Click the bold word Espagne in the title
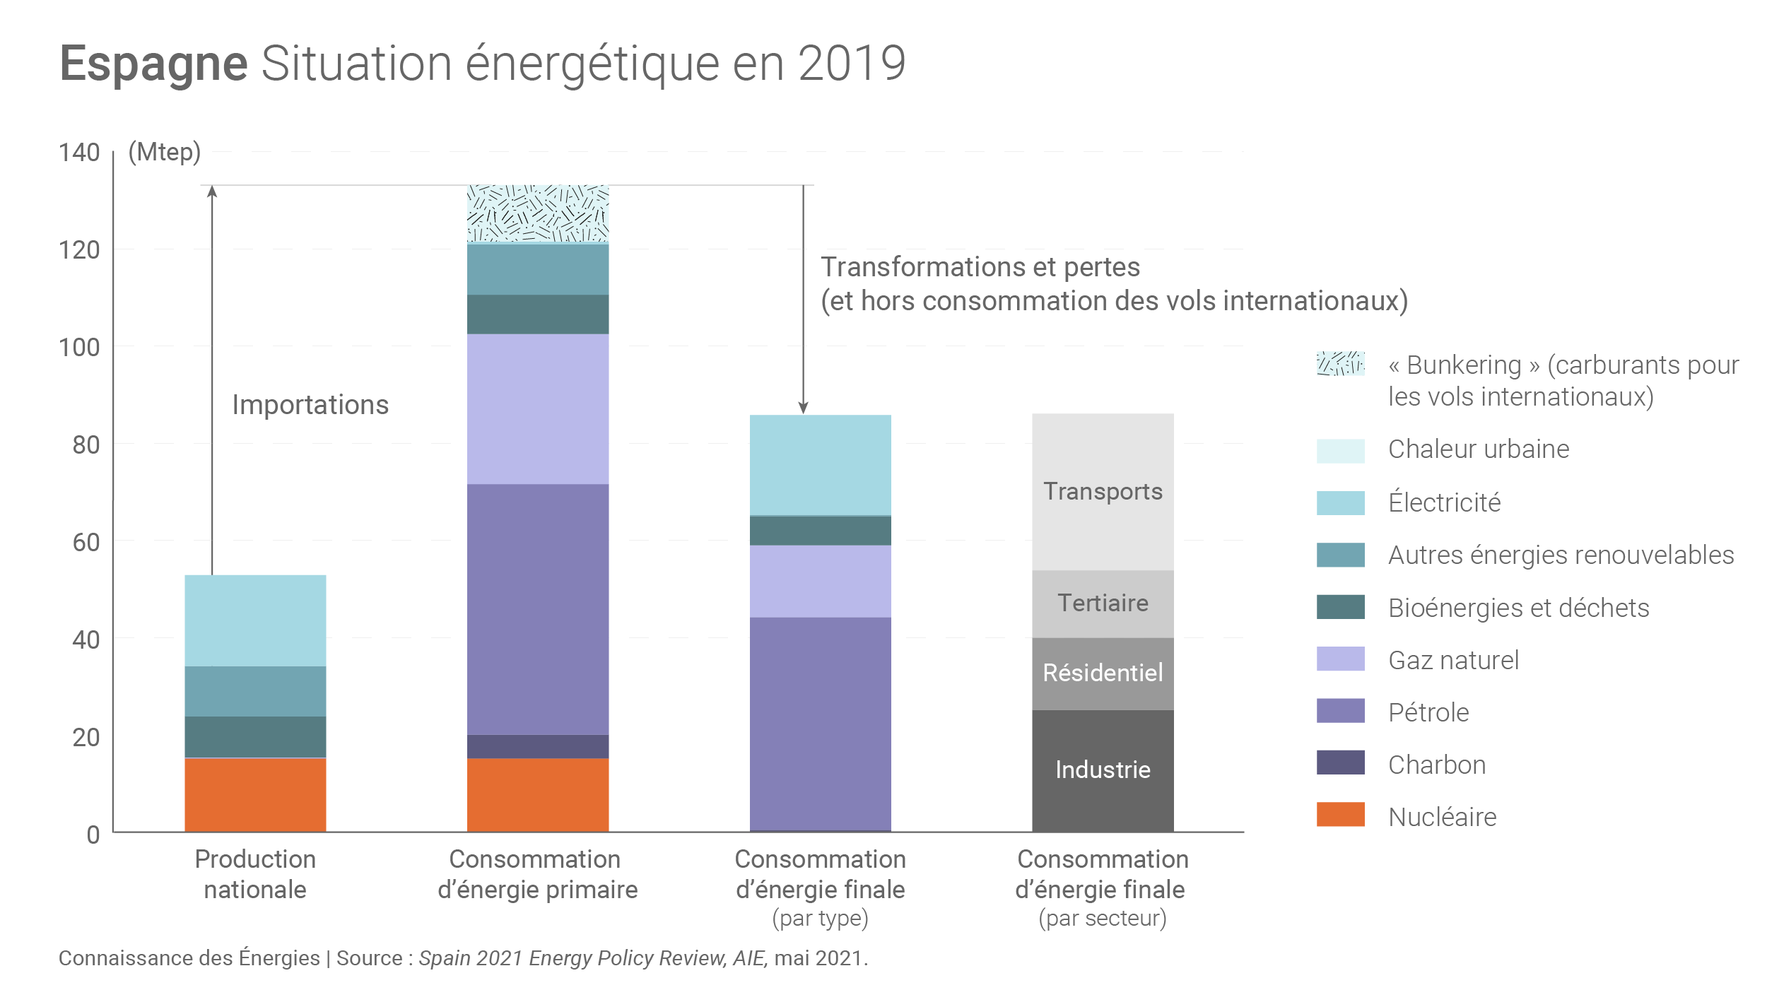pyautogui.click(x=153, y=64)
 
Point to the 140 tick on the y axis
pyautogui.click(x=79, y=152)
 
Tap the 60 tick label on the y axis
pyautogui.click(x=86, y=542)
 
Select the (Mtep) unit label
pyautogui.click(x=165, y=152)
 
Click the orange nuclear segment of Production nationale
pyautogui.click(x=255, y=794)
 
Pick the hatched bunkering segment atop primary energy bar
pyautogui.click(x=537, y=213)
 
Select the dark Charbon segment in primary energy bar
pyautogui.click(x=537, y=746)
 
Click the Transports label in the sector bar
pyautogui.click(x=1103, y=491)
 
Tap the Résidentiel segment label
pyautogui.click(x=1103, y=673)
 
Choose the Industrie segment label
pyautogui.click(x=1103, y=770)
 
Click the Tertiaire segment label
pyautogui.click(x=1103, y=603)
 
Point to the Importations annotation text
pyautogui.click(x=310, y=405)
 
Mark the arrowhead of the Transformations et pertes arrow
pyautogui.click(x=803, y=408)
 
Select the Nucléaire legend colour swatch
pyautogui.click(x=1340, y=814)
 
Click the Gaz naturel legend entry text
pyautogui.click(x=1453, y=660)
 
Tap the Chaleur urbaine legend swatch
pyautogui.click(x=1340, y=451)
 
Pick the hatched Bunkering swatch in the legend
pyautogui.click(x=1340, y=363)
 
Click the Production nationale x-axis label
pyautogui.click(x=255, y=874)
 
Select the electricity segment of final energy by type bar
pyautogui.click(x=820, y=465)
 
